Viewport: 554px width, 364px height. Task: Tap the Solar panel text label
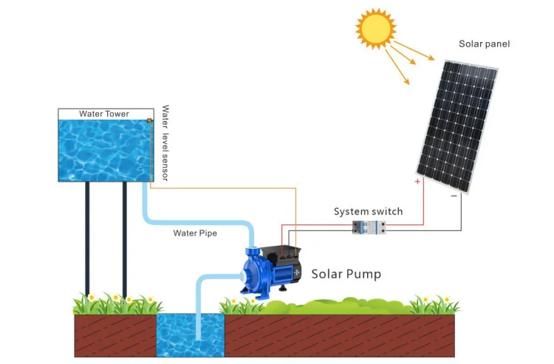[x=485, y=44]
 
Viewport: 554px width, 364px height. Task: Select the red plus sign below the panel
[x=417, y=182]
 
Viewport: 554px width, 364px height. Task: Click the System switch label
[x=368, y=212]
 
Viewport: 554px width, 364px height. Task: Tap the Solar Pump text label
[x=346, y=274]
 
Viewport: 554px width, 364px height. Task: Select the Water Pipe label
[x=195, y=233]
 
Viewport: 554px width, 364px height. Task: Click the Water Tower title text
[x=104, y=114]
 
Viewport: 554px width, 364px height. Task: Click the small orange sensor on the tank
[x=149, y=121]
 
